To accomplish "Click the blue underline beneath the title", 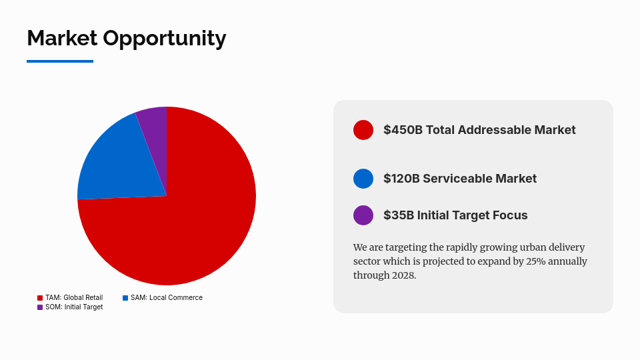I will click(60, 61).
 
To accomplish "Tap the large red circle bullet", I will click(363, 130).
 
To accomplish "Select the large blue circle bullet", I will click(363, 179).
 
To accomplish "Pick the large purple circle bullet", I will click(363, 215).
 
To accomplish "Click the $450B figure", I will click(403, 130).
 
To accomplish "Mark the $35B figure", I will click(398, 215).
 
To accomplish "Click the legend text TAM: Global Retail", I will click(74, 297).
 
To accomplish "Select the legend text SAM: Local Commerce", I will click(167, 297).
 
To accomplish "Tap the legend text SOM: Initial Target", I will click(74, 307).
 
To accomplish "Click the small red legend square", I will click(40, 298).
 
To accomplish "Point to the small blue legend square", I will click(125, 298).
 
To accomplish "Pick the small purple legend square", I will click(40, 307).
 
